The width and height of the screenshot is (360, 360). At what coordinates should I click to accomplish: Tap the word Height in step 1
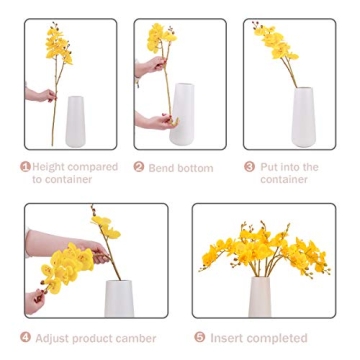pyautogui.click(x=49, y=167)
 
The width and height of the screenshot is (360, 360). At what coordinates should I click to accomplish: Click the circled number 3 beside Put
pyautogui.click(x=250, y=167)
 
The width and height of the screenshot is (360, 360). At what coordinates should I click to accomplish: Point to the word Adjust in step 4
pyautogui.click(x=55, y=338)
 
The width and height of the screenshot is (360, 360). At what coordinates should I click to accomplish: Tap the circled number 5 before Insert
pyautogui.click(x=199, y=338)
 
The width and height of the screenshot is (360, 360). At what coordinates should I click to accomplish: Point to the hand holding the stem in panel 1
pyautogui.click(x=40, y=95)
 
